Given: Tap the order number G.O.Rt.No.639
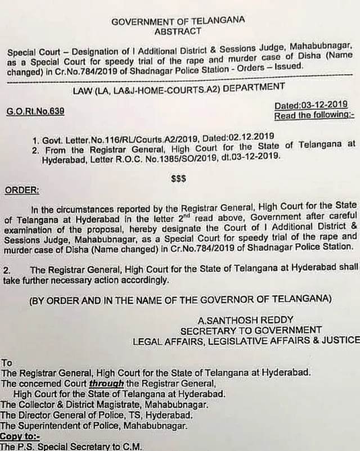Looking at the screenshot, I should (x=35, y=111).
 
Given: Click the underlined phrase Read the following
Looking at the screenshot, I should (x=314, y=116).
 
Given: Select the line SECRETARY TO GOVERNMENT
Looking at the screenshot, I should (x=251, y=330).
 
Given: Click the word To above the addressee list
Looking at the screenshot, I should (x=7, y=363).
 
